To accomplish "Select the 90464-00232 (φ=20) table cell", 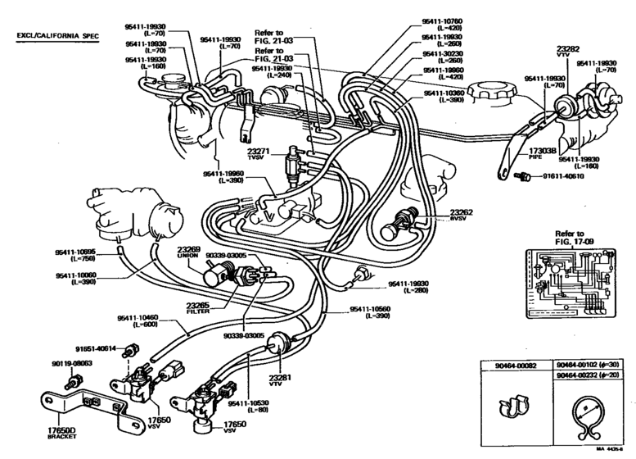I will (x=589, y=375).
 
